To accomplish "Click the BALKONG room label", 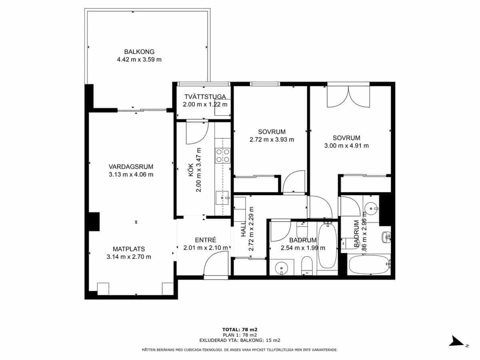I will [139, 52].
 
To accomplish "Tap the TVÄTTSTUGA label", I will [206, 97].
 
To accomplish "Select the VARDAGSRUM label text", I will [131, 167].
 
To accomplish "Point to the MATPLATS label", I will [129, 248].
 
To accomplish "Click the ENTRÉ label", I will [206, 240].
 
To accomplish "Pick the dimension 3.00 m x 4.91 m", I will [346, 146].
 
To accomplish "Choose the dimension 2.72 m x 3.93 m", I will [272, 140].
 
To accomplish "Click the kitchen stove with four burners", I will [223, 155].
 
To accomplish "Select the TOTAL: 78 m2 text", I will [240, 330].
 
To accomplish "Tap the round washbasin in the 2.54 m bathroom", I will [282, 268].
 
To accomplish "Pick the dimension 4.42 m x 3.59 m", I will [139, 60].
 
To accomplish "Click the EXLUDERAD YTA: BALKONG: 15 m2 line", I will [240, 340].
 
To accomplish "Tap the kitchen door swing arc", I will [198, 133].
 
